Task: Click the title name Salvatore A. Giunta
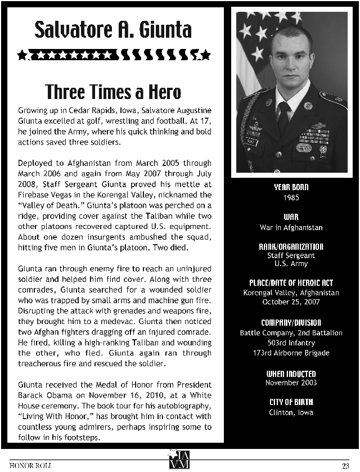113,29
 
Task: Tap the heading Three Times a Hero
113,91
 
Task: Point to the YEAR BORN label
291,187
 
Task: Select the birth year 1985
291,198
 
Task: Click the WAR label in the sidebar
291,217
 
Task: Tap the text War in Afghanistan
291,228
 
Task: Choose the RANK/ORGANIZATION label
291,246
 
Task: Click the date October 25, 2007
291,302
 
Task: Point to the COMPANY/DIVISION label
291,322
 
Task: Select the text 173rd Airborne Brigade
291,353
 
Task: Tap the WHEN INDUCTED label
291,374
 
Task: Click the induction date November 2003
291,383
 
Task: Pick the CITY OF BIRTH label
291,402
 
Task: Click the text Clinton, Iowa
291,412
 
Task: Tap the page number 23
345,465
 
